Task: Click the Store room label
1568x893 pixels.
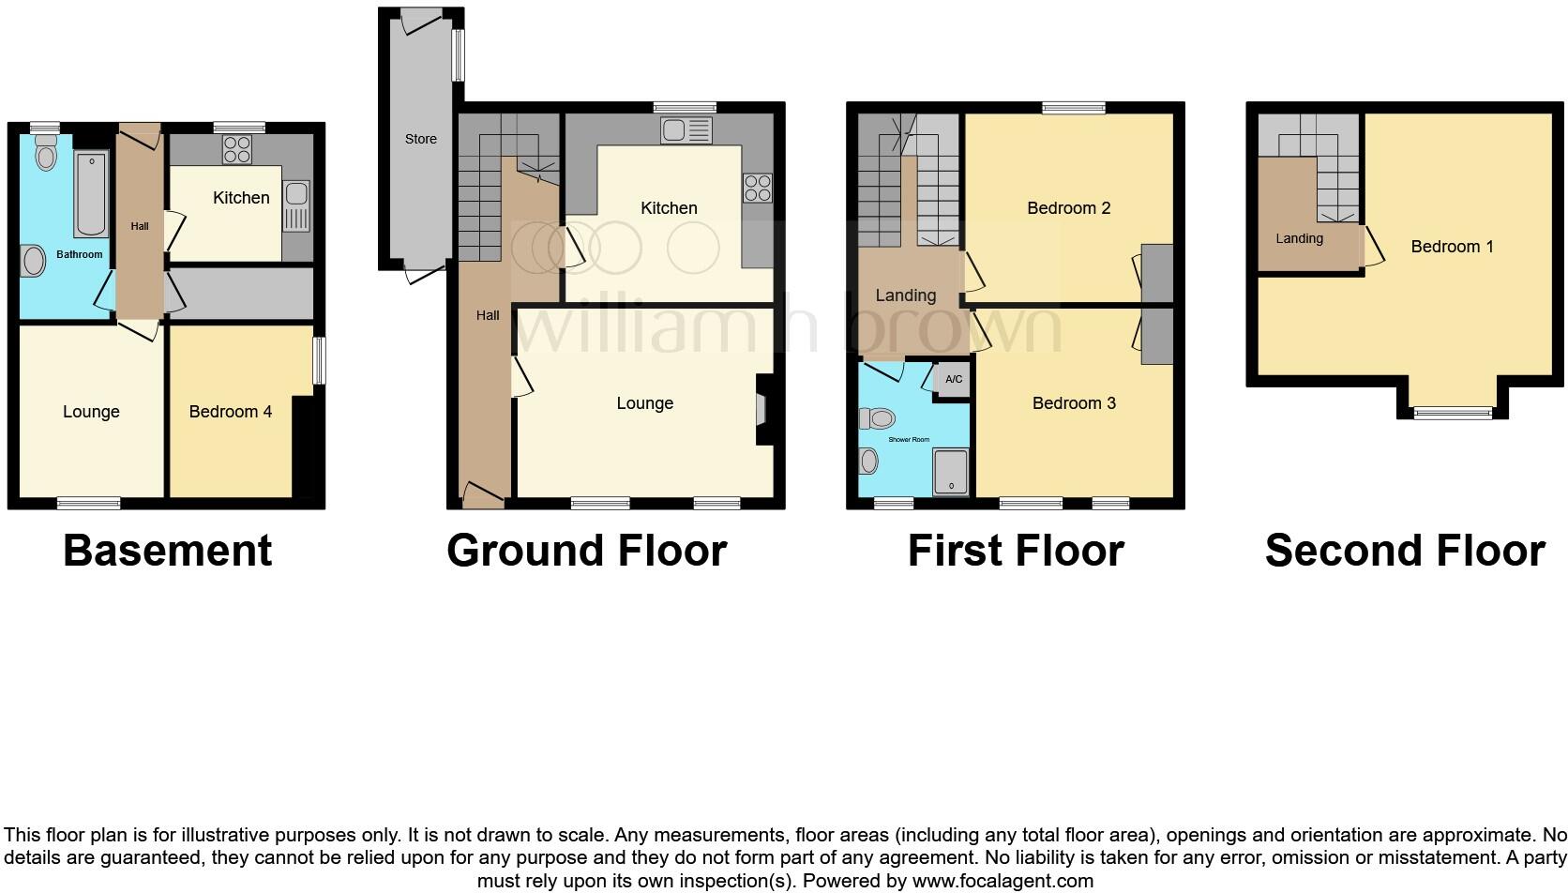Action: [420, 139]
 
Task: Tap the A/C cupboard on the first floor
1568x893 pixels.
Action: [953, 380]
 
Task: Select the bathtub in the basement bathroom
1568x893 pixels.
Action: [91, 193]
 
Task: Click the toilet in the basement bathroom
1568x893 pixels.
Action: [46, 153]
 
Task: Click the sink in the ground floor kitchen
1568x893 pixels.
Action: [686, 130]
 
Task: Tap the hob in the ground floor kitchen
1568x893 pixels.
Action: [757, 189]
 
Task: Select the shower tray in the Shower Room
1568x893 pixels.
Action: [951, 472]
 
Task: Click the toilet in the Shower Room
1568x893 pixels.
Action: [880, 418]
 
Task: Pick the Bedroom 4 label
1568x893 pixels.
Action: [230, 412]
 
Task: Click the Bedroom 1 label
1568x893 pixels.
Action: [1452, 247]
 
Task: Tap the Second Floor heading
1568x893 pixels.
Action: [1404, 551]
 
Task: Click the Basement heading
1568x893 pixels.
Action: [167, 551]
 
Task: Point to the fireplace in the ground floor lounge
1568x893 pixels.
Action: [761, 410]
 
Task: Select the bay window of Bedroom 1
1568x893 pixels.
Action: [1453, 411]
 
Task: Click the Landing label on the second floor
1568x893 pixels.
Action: [1299, 238]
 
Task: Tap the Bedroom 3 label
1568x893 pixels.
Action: [1074, 403]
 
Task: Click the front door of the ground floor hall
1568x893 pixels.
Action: [482, 495]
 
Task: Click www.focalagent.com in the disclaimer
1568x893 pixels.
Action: [1002, 881]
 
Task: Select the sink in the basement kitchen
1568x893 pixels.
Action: [296, 206]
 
